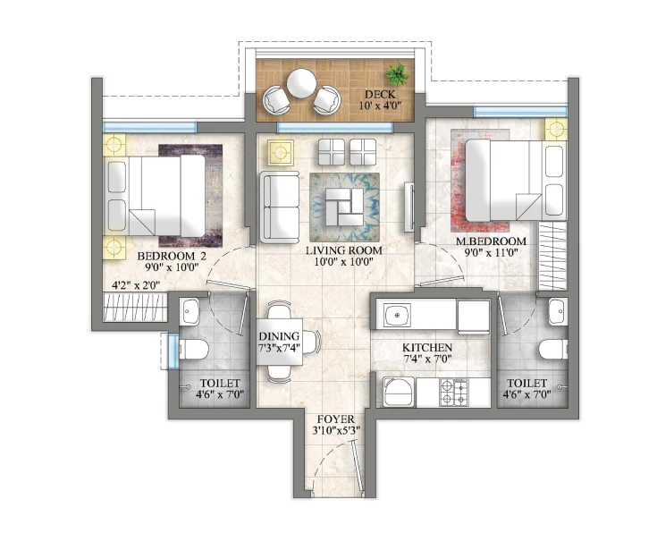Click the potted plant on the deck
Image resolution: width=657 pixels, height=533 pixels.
(397, 74)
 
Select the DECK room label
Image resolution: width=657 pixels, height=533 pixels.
(380, 94)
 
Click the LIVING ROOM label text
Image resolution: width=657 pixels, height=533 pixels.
(343, 250)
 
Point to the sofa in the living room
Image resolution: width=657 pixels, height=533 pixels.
(280, 207)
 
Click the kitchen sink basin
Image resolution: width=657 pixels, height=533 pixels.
(397, 315)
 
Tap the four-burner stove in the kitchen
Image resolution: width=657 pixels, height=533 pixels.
(453, 392)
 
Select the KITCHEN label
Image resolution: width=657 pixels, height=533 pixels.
(427, 348)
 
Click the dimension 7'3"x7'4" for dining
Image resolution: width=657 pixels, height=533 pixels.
(280, 348)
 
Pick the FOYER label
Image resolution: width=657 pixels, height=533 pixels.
(335, 419)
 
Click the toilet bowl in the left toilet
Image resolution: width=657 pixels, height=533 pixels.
(194, 350)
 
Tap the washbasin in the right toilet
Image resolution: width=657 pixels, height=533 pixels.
(557, 311)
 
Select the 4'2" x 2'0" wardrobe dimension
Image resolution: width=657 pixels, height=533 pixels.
(136, 286)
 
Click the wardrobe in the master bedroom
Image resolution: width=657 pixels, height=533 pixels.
(552, 257)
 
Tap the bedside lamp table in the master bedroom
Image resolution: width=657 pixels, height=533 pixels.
(556, 130)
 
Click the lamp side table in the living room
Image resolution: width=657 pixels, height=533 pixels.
(281, 152)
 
